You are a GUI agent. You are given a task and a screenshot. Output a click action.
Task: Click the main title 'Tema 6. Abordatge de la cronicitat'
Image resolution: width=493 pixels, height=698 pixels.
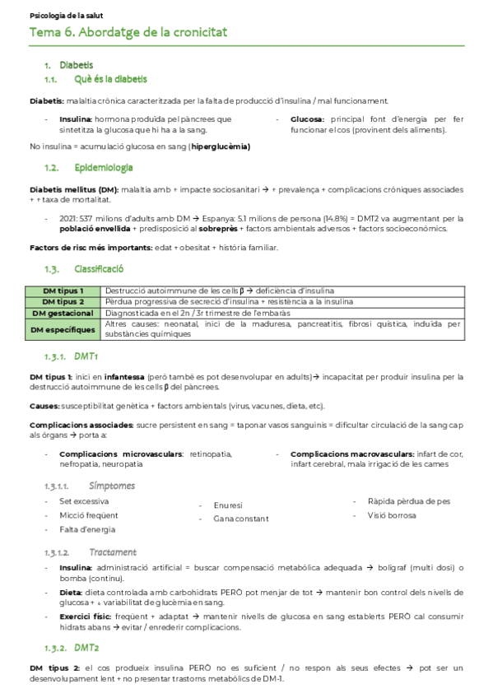[128, 32]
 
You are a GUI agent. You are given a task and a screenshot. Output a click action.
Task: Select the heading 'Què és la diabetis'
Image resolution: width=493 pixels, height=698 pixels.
[111, 80]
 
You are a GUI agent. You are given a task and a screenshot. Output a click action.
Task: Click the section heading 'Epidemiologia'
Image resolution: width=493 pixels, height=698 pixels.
[104, 168]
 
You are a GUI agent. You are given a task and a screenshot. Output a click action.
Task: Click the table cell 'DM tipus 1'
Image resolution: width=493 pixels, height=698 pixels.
[63, 291]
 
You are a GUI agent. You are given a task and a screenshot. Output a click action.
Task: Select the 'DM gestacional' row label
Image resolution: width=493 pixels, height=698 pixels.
[63, 313]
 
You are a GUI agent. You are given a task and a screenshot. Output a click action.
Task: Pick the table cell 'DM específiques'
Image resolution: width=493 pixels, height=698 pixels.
[63, 329]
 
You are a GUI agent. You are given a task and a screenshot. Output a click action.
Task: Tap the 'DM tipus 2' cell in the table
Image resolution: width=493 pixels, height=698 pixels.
[63, 301]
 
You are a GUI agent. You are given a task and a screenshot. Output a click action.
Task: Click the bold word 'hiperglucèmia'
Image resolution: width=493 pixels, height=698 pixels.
[220, 147]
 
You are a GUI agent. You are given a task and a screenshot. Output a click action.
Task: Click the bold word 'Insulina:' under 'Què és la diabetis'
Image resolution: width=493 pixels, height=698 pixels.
[76, 119]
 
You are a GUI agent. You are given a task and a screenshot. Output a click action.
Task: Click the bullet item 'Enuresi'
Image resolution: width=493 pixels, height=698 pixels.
[228, 505]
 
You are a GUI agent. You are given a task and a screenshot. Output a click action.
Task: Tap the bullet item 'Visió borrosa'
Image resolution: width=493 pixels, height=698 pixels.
[392, 515]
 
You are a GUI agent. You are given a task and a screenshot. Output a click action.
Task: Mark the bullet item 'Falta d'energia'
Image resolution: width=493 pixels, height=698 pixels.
[87, 529]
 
